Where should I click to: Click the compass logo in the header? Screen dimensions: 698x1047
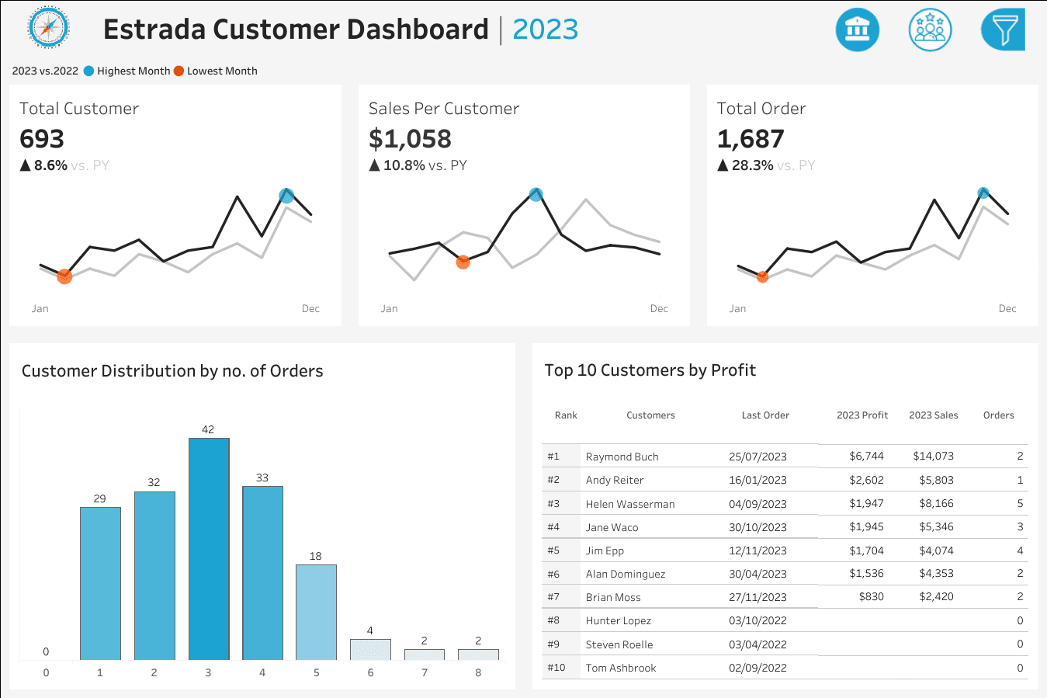(49, 29)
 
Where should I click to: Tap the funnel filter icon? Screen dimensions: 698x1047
(1004, 30)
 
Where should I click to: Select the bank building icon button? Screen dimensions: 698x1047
(857, 30)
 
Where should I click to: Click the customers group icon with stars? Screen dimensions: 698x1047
(930, 30)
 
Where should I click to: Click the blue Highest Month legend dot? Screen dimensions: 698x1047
(89, 71)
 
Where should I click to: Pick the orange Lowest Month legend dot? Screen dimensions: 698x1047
(179, 71)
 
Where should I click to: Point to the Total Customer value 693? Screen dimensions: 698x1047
(42, 139)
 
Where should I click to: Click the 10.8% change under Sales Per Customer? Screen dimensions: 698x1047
(404, 165)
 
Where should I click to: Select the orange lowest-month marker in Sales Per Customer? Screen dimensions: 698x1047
(463, 262)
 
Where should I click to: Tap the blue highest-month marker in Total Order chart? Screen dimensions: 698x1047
(983, 193)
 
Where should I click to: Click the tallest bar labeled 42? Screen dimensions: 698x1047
(209, 548)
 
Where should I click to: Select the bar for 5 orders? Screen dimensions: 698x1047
(316, 612)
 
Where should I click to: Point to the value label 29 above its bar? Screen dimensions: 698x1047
(100, 498)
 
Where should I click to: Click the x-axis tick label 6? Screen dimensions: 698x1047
(370, 672)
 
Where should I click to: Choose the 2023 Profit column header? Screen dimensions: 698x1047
(862, 415)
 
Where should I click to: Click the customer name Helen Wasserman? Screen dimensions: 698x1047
(629, 504)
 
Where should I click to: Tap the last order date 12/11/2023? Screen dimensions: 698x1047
(758, 550)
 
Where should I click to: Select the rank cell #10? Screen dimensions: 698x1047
(556, 668)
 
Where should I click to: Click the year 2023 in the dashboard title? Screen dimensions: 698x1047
(545, 30)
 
